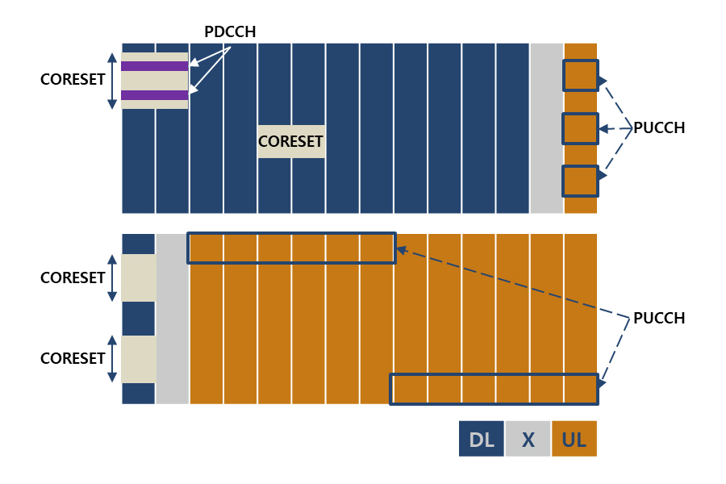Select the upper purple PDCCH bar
coord(155,65)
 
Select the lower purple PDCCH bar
coord(155,95)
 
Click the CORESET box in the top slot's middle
coord(291,141)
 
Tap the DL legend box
coord(482,439)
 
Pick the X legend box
coord(528,439)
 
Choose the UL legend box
coord(574,439)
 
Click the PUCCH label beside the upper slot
coord(659,127)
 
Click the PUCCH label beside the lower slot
coord(659,318)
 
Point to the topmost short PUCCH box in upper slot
coord(581,75)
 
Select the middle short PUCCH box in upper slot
coord(581,128)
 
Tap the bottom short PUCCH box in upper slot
coord(581,181)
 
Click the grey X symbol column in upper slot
coord(547,128)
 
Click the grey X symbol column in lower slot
coord(172,319)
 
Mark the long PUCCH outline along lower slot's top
coord(291,248)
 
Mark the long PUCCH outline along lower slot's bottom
coord(494,389)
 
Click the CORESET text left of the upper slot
coord(73,79)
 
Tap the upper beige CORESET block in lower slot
coord(138,277)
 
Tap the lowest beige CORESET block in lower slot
coord(138,359)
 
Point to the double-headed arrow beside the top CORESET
coord(112,80)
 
